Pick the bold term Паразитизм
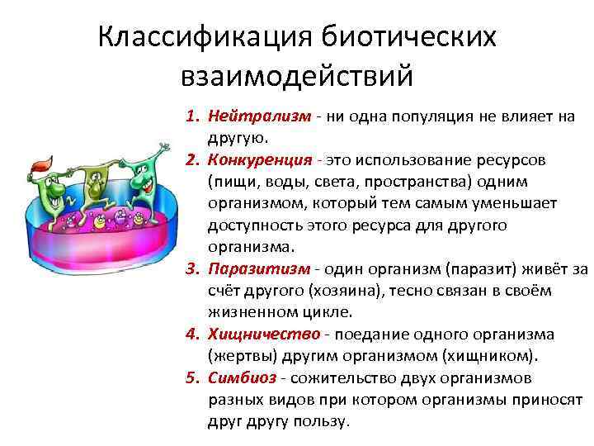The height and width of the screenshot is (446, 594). coord(258,268)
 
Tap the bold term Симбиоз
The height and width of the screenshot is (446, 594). coord(242,377)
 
